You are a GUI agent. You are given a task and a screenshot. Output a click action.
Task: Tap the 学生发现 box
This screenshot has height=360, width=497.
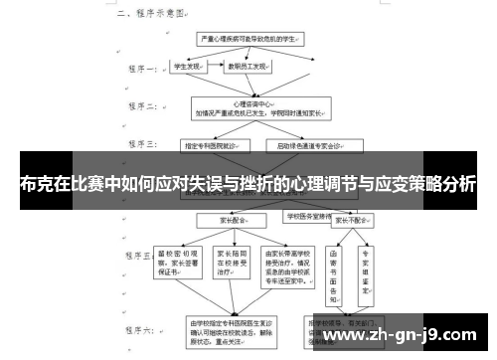188,68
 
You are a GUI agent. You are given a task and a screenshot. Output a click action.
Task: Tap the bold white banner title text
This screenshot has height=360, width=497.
248,184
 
